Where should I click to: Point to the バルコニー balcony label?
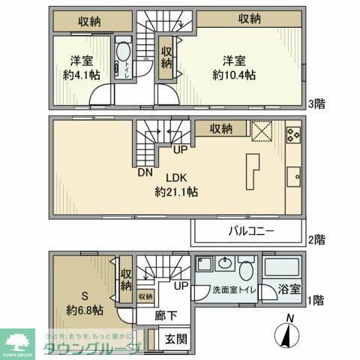coord(250,231)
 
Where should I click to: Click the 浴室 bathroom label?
coord(291,287)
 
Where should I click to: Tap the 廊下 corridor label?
coord(166,316)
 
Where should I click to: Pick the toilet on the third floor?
coord(123,55)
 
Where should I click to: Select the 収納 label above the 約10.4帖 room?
coord(250,19)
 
